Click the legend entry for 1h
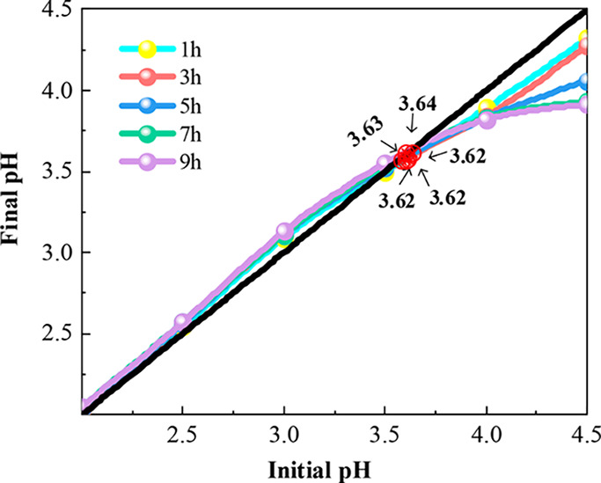click(148, 48)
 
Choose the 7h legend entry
click(148, 135)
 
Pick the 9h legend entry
click(148, 164)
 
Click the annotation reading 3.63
click(363, 137)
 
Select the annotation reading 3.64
click(417, 104)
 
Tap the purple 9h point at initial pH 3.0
click(284, 231)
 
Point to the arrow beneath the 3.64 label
click(415, 128)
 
